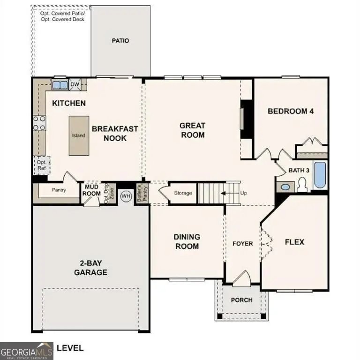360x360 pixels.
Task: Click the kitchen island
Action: [x=78, y=135]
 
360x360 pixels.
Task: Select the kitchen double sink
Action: [x=60, y=85]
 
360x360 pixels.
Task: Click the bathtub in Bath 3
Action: [x=320, y=175]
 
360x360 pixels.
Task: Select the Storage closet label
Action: [x=183, y=193]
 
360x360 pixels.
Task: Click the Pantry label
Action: [x=59, y=190]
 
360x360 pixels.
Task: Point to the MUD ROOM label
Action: [x=92, y=190]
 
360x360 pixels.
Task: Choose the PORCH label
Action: [x=242, y=300]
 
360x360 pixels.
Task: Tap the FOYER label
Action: [x=243, y=244]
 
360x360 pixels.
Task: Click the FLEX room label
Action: [x=295, y=242]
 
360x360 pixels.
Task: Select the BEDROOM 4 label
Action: [x=291, y=111]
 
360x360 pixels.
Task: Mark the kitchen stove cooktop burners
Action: [x=39, y=123]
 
